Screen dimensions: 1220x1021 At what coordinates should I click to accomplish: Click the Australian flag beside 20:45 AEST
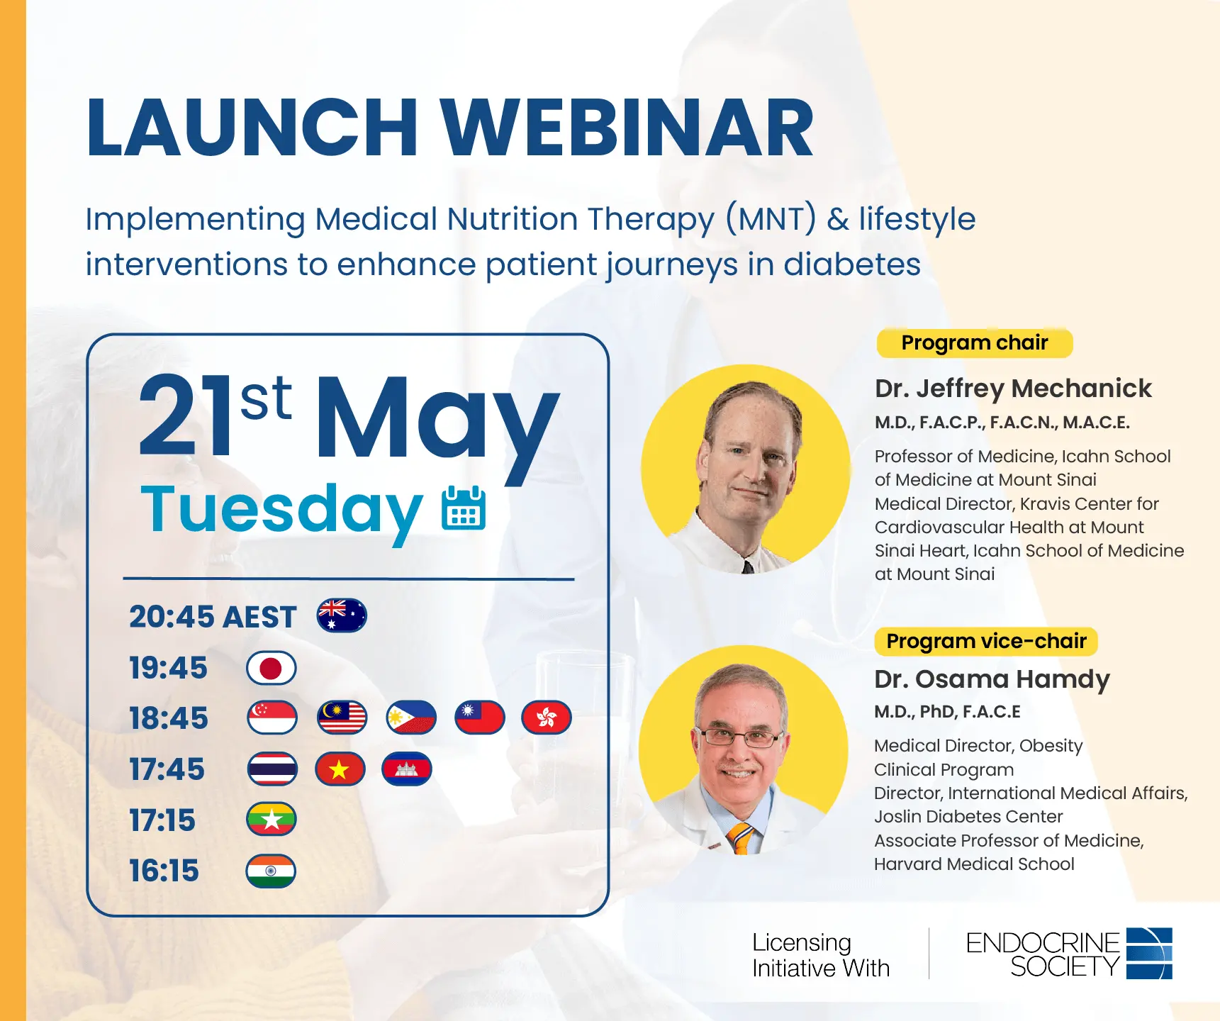click(342, 615)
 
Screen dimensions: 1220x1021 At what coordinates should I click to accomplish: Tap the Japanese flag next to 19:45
click(271, 668)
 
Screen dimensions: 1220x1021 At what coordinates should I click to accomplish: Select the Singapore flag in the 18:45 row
click(272, 718)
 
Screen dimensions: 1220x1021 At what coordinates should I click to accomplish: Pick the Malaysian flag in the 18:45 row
click(342, 718)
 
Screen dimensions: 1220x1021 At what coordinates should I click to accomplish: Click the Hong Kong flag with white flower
click(546, 718)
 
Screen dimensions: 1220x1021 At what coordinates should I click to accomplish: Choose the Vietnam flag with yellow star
click(340, 769)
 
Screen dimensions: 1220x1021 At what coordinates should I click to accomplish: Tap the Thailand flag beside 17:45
click(272, 769)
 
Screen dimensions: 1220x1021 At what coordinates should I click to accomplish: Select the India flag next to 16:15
click(271, 871)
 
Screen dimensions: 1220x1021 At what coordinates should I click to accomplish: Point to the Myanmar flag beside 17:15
click(272, 820)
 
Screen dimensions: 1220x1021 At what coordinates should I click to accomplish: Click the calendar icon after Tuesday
click(464, 508)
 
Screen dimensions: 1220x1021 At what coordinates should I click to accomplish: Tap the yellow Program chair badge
click(975, 343)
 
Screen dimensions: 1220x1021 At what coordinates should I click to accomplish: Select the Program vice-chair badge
click(986, 642)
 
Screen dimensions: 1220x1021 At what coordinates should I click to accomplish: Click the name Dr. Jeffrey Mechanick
click(1013, 389)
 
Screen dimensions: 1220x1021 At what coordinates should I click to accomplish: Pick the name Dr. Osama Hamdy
click(992, 679)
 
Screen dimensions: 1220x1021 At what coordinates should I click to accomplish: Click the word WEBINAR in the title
click(627, 128)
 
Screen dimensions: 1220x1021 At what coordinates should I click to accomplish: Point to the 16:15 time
click(164, 871)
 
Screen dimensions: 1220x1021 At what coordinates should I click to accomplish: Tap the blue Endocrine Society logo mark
click(1149, 954)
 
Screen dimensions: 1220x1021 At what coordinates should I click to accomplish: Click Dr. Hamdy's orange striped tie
click(741, 838)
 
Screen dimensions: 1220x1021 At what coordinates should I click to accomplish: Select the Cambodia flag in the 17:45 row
click(407, 769)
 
